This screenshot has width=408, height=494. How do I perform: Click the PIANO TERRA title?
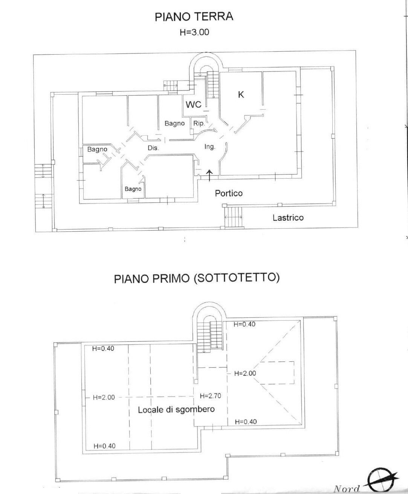pyautogui.click(x=194, y=17)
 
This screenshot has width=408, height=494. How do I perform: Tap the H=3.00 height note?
pyautogui.click(x=194, y=32)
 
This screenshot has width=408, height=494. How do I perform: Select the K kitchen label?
pyautogui.click(x=241, y=95)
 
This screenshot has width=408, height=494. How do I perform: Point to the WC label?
pyautogui.click(x=193, y=105)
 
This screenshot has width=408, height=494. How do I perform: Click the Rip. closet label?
pyautogui.click(x=199, y=123)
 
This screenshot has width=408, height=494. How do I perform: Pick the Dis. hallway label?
pyautogui.click(x=153, y=148)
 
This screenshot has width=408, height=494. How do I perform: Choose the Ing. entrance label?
pyautogui.click(x=209, y=147)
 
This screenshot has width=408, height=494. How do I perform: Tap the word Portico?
pyautogui.click(x=229, y=193)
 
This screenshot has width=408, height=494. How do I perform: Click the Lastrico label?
pyautogui.click(x=288, y=217)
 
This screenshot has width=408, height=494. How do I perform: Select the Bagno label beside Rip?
pyautogui.click(x=174, y=123)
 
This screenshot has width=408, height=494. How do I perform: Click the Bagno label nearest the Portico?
pyautogui.click(x=133, y=189)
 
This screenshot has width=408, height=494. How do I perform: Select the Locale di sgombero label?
pyautogui.click(x=176, y=410)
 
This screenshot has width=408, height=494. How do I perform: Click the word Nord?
pyautogui.click(x=346, y=489)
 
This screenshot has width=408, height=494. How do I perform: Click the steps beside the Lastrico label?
pyautogui.click(x=234, y=217)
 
